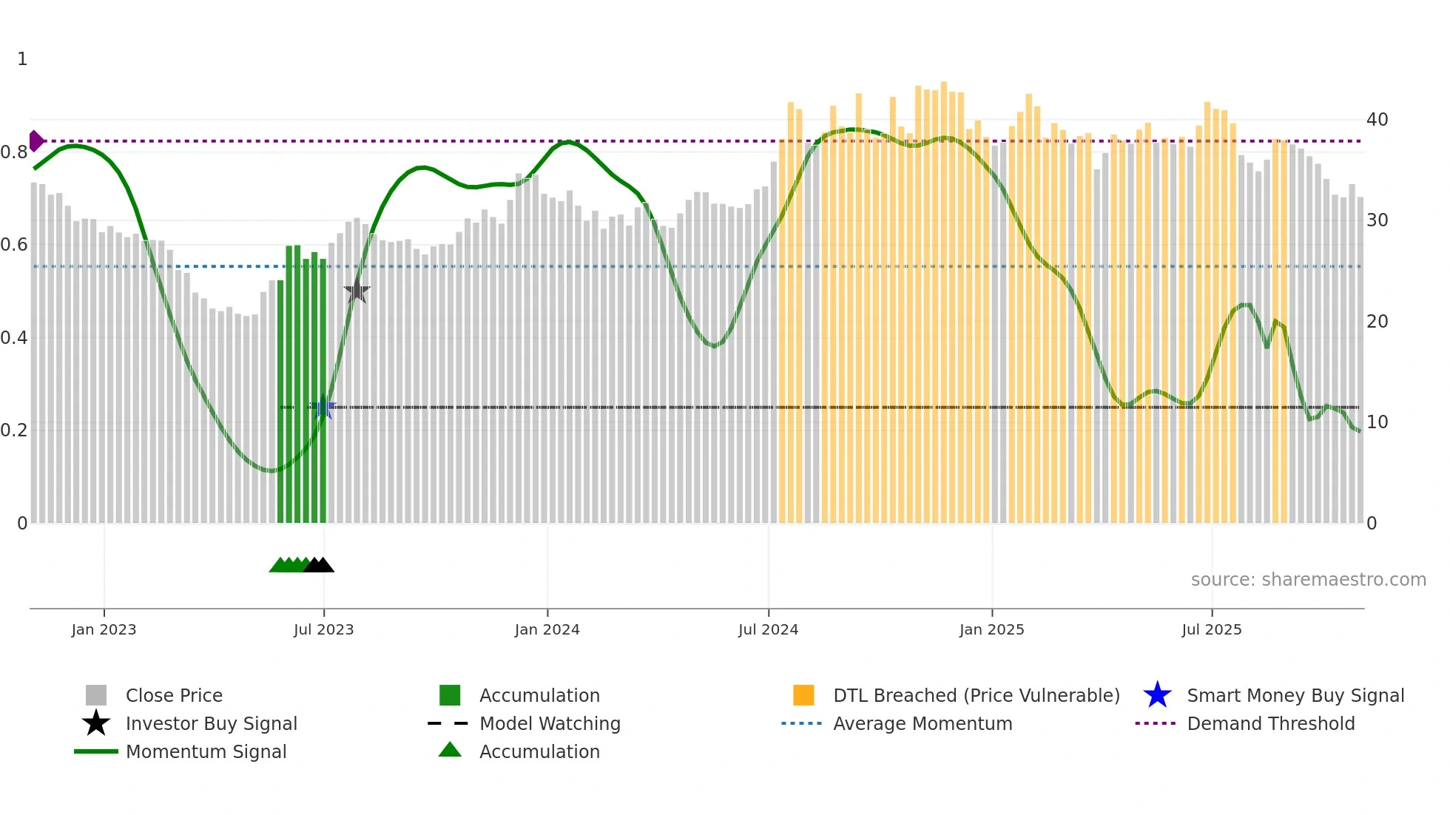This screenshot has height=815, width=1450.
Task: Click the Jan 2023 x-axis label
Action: (104, 629)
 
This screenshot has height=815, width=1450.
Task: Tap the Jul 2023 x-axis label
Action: (323, 629)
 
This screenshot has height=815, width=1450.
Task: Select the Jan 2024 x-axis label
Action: (547, 629)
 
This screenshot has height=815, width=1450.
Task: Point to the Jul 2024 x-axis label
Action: (768, 629)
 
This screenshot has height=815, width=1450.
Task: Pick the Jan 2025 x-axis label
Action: (991, 629)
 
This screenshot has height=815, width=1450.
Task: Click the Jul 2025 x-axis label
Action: (1211, 629)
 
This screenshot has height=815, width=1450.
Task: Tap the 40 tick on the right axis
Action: (1377, 119)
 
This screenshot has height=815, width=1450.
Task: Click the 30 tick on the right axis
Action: (1377, 220)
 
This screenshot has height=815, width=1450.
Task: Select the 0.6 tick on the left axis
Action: (14, 244)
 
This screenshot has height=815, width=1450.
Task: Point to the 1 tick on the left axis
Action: (22, 58)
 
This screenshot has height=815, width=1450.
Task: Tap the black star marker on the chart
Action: (357, 291)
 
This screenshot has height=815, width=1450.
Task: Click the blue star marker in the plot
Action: (323, 407)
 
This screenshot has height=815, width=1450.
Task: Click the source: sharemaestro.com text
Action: (1308, 579)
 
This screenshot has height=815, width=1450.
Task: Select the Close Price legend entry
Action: (174, 695)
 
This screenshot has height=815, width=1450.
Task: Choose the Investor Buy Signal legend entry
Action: (211, 723)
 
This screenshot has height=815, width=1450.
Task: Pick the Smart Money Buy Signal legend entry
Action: (1295, 695)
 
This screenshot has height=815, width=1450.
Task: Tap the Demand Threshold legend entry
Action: (1270, 723)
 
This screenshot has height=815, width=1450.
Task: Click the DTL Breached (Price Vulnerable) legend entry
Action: (976, 695)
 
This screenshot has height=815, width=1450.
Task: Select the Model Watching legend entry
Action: (550, 723)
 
